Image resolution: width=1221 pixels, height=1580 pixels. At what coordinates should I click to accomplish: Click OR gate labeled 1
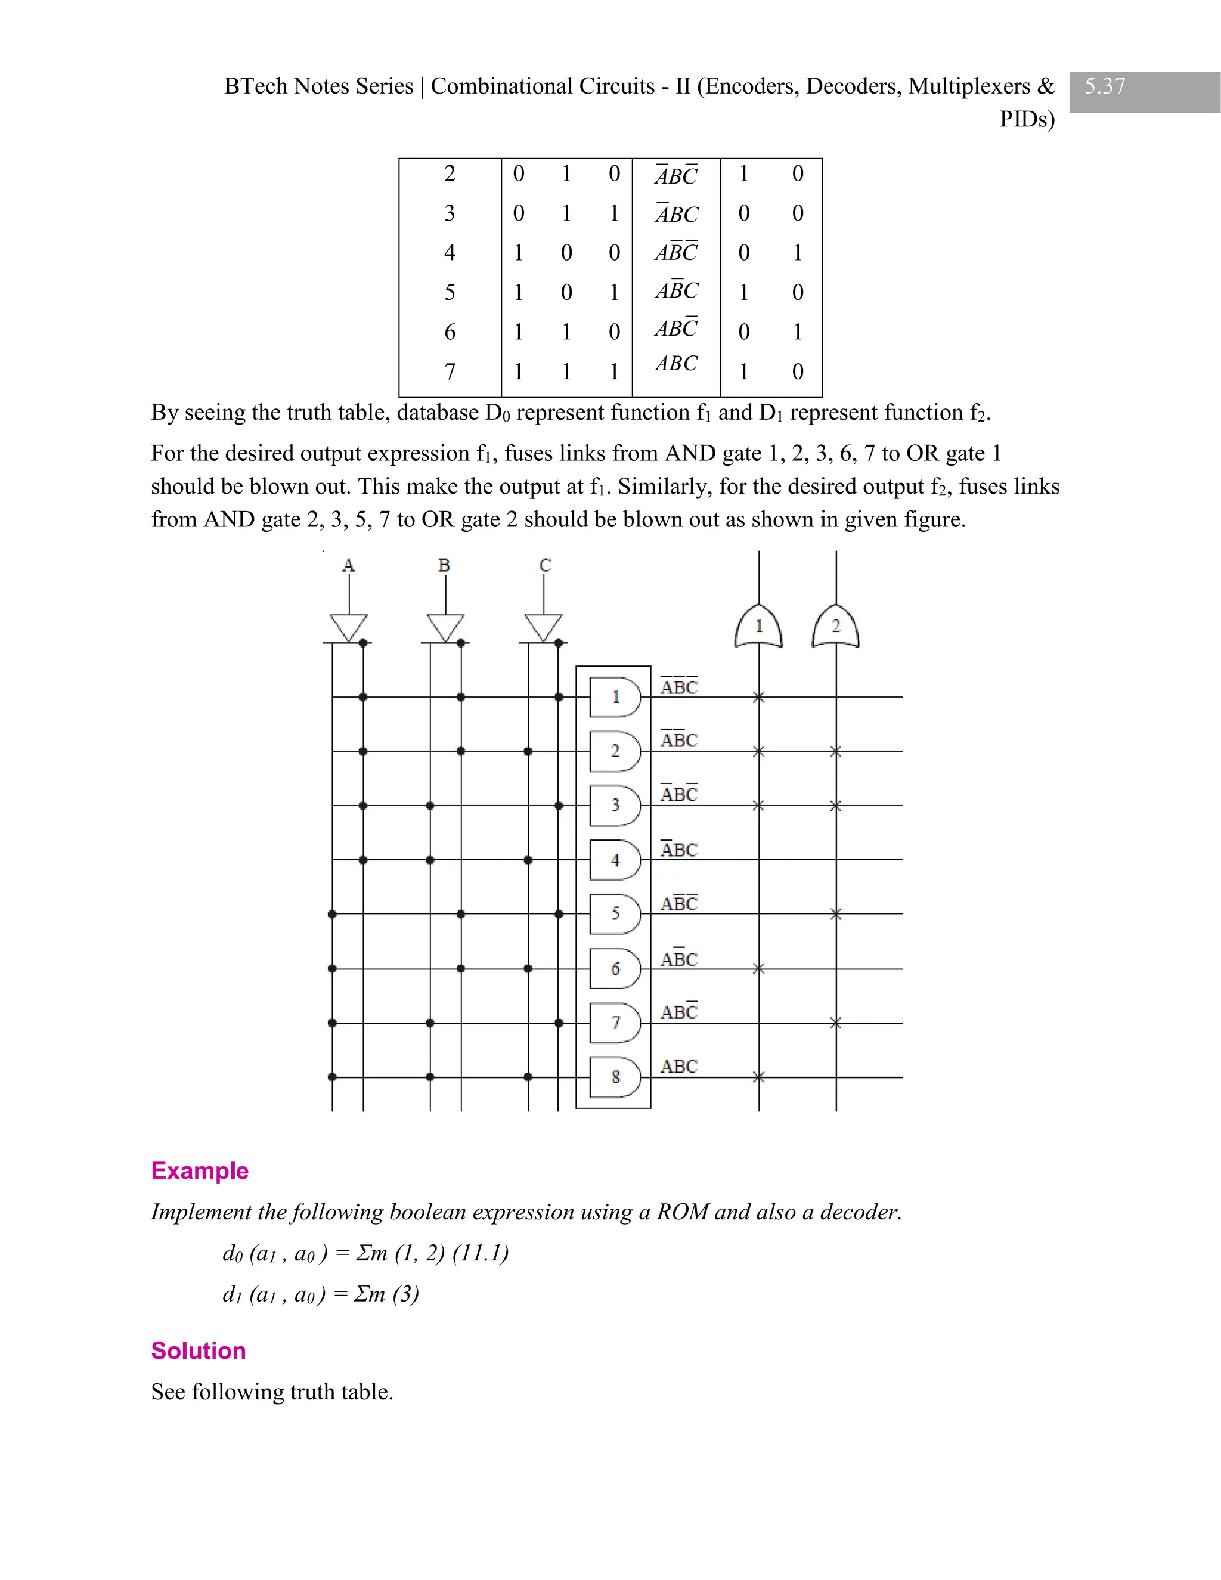pyautogui.click(x=758, y=627)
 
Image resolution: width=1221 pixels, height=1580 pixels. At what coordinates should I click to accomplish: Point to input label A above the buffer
pyautogui.click(x=348, y=566)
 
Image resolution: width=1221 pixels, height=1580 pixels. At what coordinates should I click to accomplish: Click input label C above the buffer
pyautogui.click(x=545, y=565)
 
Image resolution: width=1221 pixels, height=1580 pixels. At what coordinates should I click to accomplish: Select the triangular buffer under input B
pyautogui.click(x=445, y=627)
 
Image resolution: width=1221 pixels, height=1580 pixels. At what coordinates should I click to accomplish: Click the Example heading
pyautogui.click(x=200, y=1170)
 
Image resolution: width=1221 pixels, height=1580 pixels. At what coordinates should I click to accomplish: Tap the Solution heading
pyautogui.click(x=198, y=1350)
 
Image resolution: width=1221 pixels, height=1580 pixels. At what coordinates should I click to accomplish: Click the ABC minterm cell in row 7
pyautogui.click(x=676, y=363)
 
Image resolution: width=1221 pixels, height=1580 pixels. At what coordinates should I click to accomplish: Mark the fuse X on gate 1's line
pyautogui.click(x=758, y=698)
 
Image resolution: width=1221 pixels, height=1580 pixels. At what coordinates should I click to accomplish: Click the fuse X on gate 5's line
pyautogui.click(x=835, y=915)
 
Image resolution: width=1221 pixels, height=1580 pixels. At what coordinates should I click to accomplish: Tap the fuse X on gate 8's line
pyautogui.click(x=758, y=1077)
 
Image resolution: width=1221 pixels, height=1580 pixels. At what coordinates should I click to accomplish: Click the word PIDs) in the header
pyautogui.click(x=1027, y=119)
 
